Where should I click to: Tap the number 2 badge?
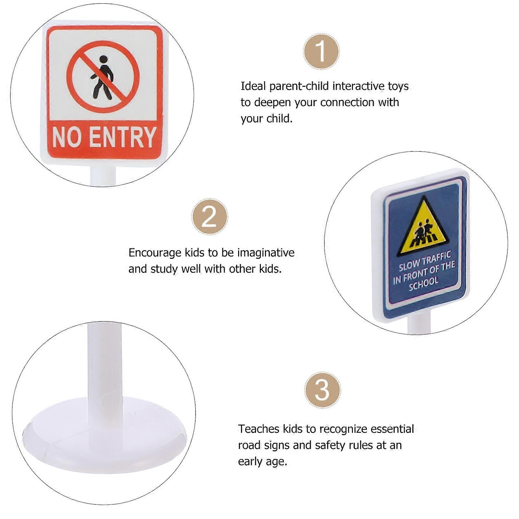(210, 216)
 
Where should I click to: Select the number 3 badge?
(322, 390)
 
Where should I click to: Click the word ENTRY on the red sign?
(123, 137)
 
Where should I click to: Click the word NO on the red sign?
(67, 137)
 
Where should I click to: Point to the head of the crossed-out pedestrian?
(103, 59)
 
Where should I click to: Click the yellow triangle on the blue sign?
(423, 229)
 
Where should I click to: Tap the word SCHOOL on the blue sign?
(424, 283)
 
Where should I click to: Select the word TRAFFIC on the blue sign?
(437, 258)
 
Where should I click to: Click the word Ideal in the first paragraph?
(253, 86)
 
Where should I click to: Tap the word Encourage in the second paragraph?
(155, 253)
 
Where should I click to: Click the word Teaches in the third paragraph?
(259, 429)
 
